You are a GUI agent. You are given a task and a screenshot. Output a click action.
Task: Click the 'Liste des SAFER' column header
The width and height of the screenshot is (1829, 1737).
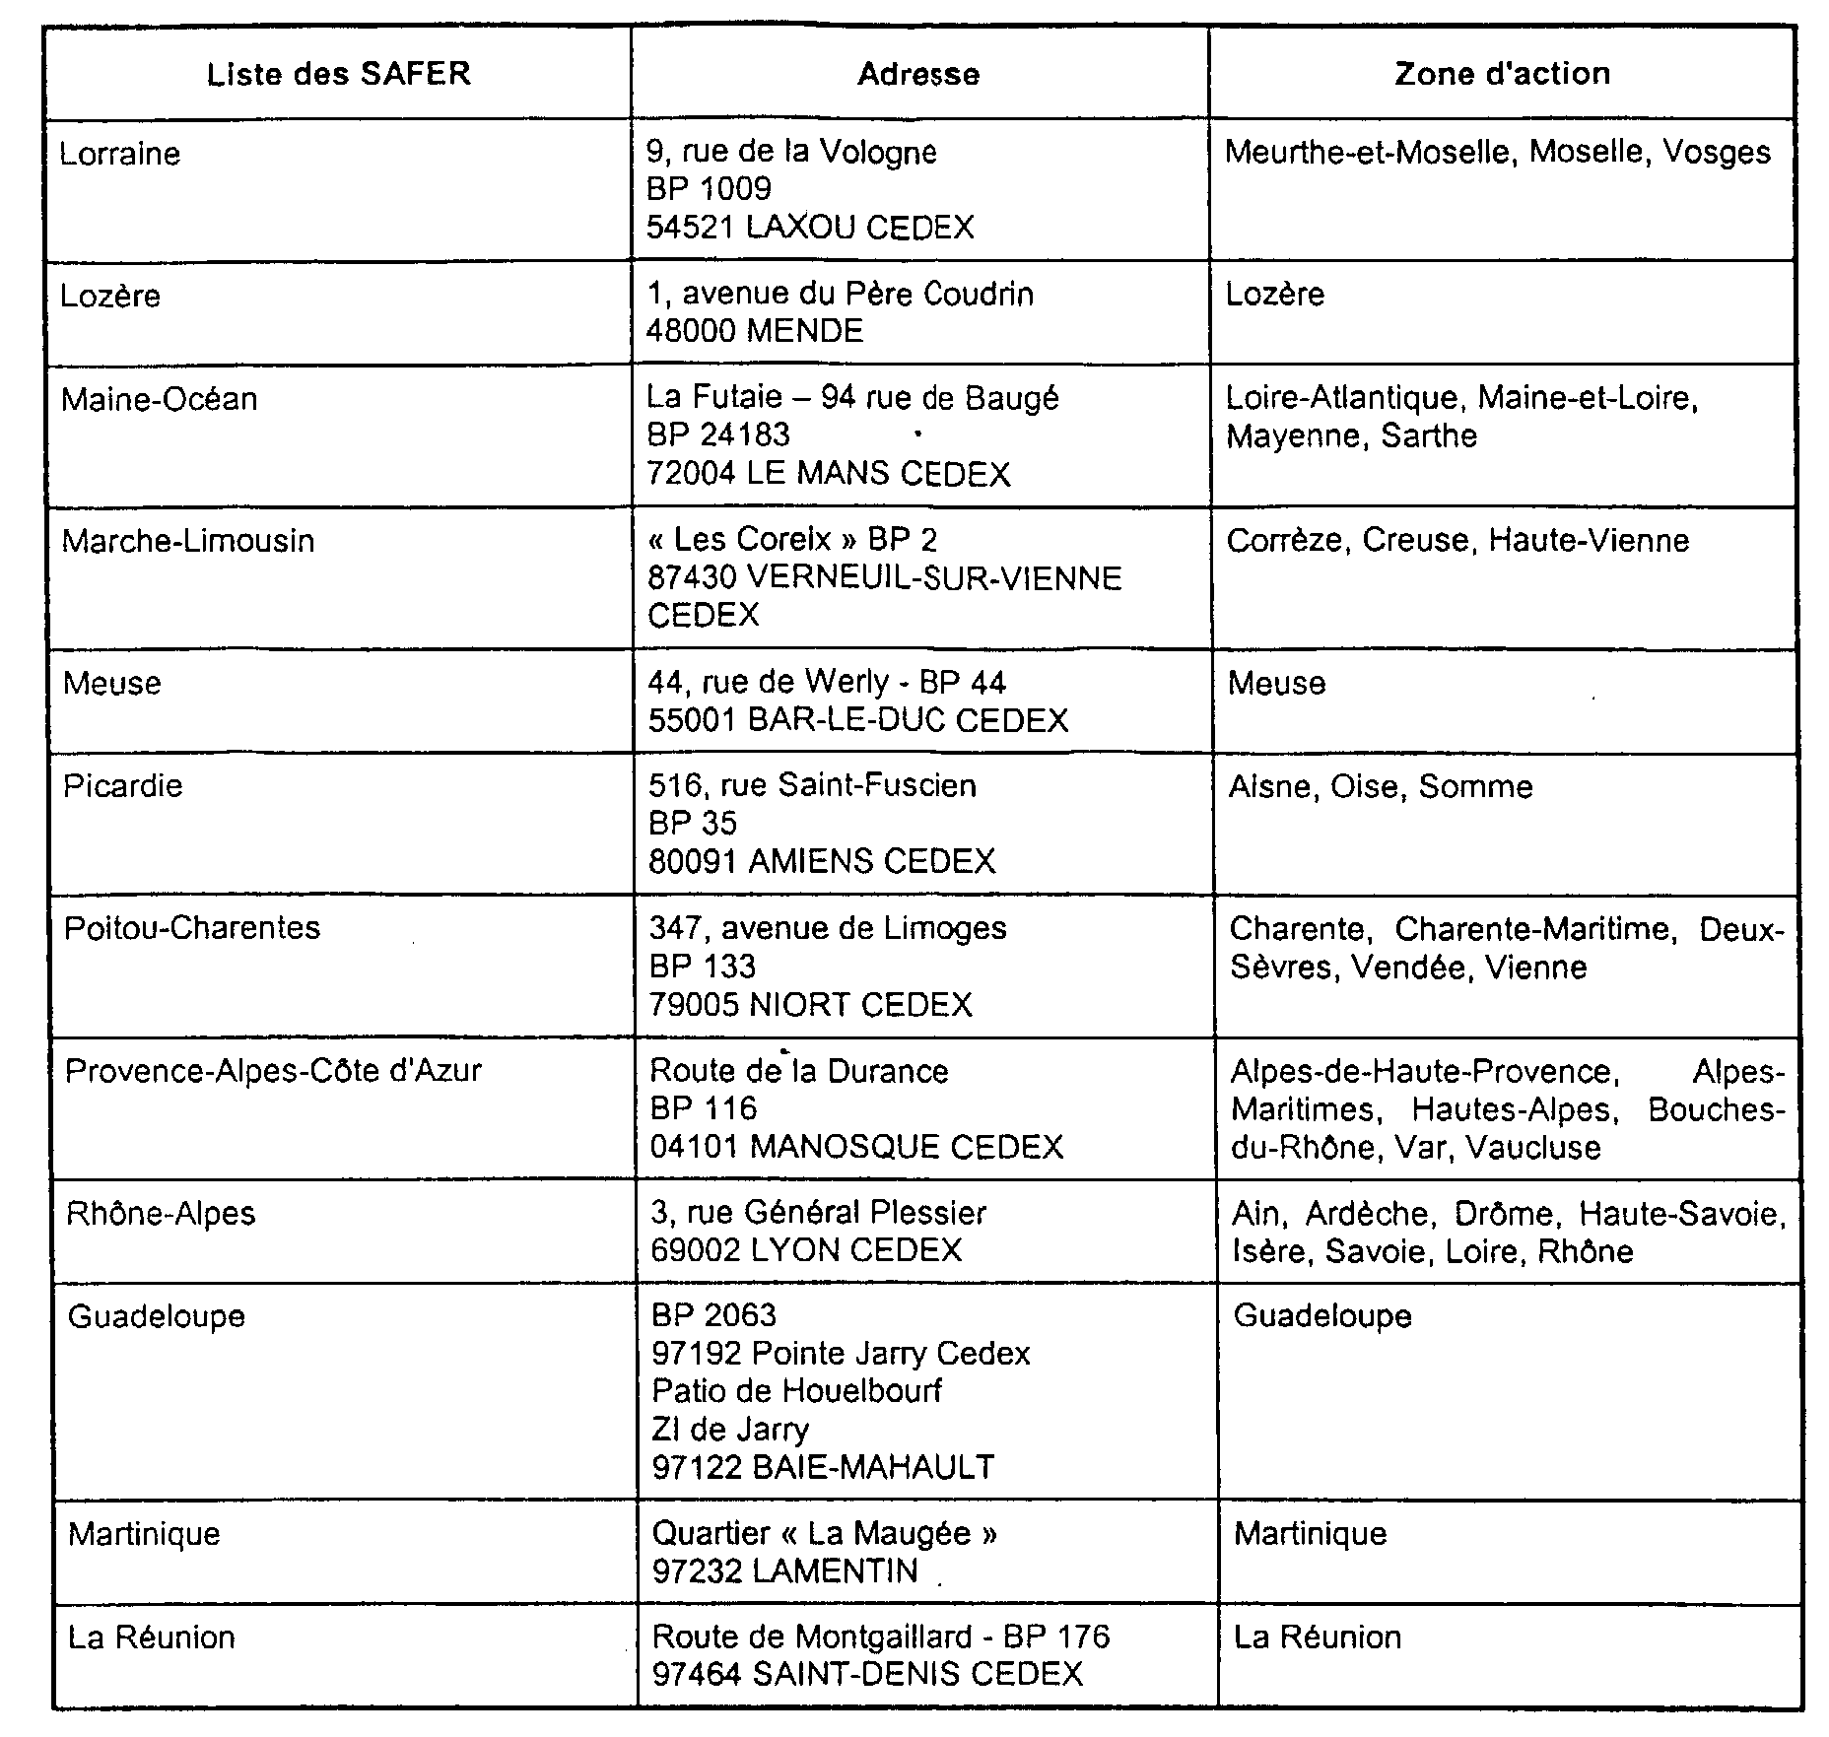(338, 75)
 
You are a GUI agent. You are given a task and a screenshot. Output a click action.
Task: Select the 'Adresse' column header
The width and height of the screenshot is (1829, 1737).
(918, 75)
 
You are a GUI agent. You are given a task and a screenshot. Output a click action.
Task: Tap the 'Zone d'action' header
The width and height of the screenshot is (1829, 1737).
(1502, 74)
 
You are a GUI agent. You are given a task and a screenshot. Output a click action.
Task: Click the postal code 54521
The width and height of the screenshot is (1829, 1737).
(690, 228)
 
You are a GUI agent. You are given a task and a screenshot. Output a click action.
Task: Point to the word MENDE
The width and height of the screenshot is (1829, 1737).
(805, 331)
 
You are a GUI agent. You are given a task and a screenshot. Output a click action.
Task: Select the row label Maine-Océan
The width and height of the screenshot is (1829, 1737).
(160, 399)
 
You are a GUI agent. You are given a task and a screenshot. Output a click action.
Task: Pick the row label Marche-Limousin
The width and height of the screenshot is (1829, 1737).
(188, 541)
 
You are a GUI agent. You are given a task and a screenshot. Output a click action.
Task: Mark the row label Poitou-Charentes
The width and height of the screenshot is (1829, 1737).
(192, 928)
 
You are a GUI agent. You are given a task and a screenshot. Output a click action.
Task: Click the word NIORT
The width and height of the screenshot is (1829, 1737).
(800, 1005)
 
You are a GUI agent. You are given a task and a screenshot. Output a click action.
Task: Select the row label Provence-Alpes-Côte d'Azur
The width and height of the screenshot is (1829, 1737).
(273, 1071)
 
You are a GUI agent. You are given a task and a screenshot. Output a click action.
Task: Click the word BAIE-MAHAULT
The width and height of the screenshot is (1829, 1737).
(873, 1467)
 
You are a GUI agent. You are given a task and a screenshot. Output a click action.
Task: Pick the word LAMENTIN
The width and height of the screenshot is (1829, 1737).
(835, 1570)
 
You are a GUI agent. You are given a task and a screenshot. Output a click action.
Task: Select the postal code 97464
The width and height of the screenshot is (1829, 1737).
(696, 1673)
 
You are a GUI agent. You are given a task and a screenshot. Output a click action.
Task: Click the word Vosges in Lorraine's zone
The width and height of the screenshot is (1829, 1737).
(1717, 152)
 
